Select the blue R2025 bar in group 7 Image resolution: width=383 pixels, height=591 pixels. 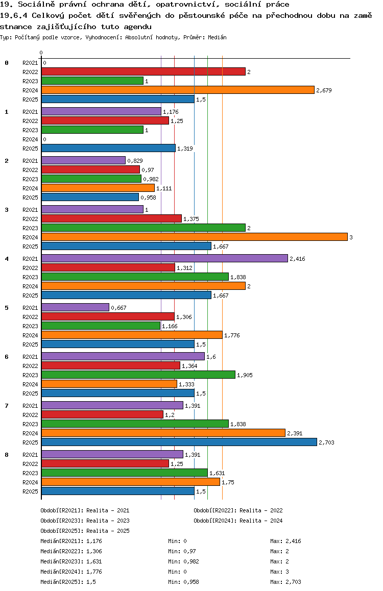pyautogui.click(x=179, y=442)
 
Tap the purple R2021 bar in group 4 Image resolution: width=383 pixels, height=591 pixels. pyautogui.click(x=164, y=259)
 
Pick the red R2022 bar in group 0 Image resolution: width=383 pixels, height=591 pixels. pyautogui.click(x=143, y=72)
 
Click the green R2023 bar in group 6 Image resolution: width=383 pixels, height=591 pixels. pyautogui.click(x=138, y=375)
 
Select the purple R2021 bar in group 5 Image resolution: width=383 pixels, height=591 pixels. pyautogui.click(x=75, y=308)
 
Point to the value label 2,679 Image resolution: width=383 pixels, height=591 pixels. pyautogui.click(x=324, y=90)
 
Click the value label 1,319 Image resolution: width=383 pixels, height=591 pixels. pyautogui.click(x=185, y=149)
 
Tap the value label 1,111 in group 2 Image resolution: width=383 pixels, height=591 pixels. pyautogui.click(x=164, y=188)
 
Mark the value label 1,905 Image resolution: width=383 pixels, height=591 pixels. pyautogui.click(x=245, y=375)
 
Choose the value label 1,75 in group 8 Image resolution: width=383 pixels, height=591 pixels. pyautogui.click(x=228, y=482)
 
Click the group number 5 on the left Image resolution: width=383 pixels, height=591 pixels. pyautogui.click(x=7, y=308)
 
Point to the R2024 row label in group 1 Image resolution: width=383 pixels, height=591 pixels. pyautogui.click(x=30, y=139)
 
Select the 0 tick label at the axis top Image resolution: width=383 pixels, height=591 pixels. pyautogui.click(x=41, y=53)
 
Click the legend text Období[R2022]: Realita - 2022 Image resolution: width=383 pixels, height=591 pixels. pyautogui.click(x=238, y=510)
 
